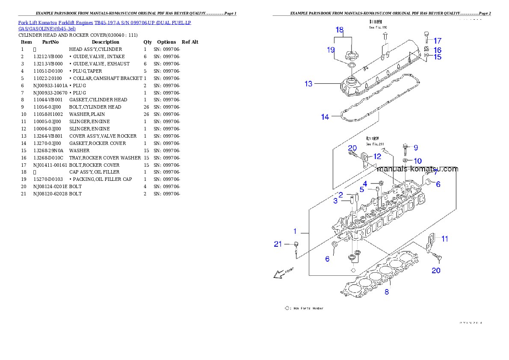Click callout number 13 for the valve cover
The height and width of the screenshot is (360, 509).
tap(308, 84)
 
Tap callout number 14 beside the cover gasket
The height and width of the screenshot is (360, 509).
tap(325, 117)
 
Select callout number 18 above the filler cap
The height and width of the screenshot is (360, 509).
tap(339, 30)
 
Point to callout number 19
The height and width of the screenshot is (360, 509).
tap(331, 50)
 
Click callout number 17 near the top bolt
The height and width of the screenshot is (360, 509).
tap(437, 41)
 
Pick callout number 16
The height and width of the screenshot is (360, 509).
tap(437, 50)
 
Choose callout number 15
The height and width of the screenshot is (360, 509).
tap(437, 57)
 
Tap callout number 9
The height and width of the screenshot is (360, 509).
tap(415, 148)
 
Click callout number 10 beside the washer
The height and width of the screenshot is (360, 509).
tap(417, 161)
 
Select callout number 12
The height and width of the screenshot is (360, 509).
tap(376, 156)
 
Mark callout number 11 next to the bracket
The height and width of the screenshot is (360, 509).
tap(445, 239)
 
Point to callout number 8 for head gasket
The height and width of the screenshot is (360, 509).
tap(386, 292)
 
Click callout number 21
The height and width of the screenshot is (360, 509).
tap(278, 244)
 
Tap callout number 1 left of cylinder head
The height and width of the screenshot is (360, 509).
tap(295, 231)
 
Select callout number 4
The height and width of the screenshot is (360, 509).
tap(365, 184)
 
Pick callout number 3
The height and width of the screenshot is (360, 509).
tap(335, 201)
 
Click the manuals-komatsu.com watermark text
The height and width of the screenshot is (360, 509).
tap(417, 169)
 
